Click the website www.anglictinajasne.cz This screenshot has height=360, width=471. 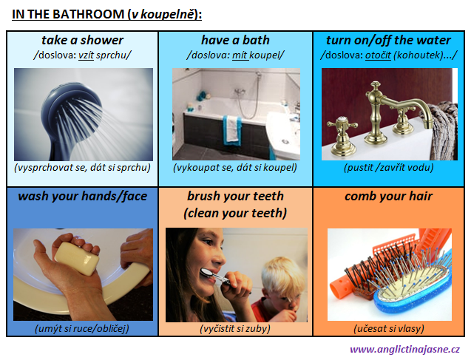pyautogui.click(x=404, y=349)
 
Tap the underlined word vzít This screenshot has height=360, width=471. pyautogui.click(x=86, y=55)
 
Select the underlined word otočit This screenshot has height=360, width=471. pyautogui.click(x=378, y=55)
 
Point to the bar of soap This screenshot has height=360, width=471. pyautogui.click(x=77, y=259)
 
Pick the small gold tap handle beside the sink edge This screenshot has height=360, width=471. pyautogui.click(x=342, y=135)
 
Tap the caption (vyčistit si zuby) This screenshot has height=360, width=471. pyautogui.click(x=235, y=328)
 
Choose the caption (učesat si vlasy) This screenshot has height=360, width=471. pyautogui.click(x=389, y=328)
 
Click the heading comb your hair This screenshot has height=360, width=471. pyautogui.click(x=388, y=196)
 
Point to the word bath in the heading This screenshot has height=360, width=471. pyautogui.click(x=256, y=40)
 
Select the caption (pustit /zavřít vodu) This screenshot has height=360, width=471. pyautogui.click(x=389, y=167)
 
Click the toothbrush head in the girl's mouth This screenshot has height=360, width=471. pyautogui.click(x=206, y=272)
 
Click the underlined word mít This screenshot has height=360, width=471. pyautogui.click(x=240, y=55)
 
